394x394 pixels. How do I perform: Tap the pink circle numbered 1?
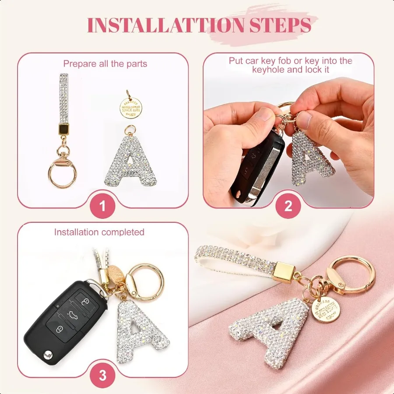click(x=102, y=204)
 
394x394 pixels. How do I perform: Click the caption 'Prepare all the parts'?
click(x=105, y=64)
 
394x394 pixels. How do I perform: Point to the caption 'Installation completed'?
click(x=99, y=232)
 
